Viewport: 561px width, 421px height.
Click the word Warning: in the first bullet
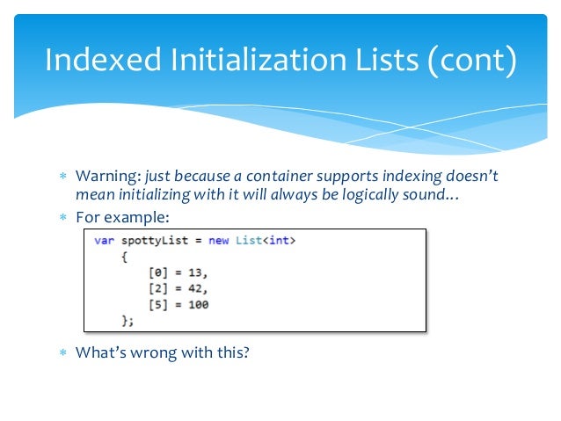click(x=106, y=176)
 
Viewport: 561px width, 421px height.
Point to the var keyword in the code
click(x=104, y=241)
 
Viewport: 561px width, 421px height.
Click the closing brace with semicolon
click(x=127, y=321)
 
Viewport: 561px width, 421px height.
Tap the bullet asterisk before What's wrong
click(x=62, y=353)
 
